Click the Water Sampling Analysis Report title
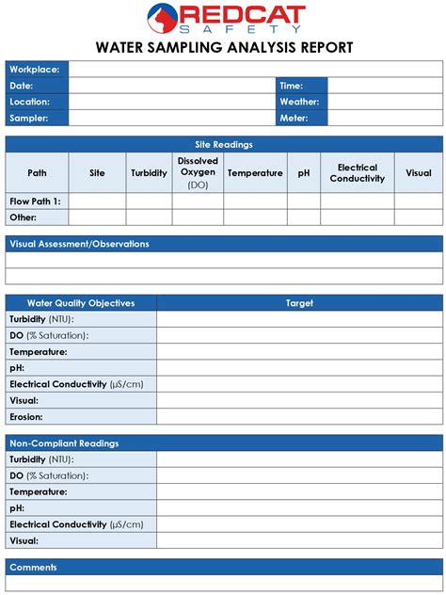coord(224,47)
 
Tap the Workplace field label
coord(35,70)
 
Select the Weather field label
coord(299,102)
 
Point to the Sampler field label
coord(29,118)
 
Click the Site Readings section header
coord(224,144)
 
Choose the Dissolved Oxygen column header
coord(198,172)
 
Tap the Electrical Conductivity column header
coord(358,172)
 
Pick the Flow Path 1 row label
coord(35,201)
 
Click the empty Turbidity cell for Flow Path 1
coord(149,201)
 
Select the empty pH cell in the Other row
coord(304,217)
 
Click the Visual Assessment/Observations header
coord(79,244)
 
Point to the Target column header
coord(299,303)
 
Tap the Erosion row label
coord(26,416)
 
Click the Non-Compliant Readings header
coord(64,443)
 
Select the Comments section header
coord(34,567)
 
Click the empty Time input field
coord(385,86)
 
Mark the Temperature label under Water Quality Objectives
coord(39,352)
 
